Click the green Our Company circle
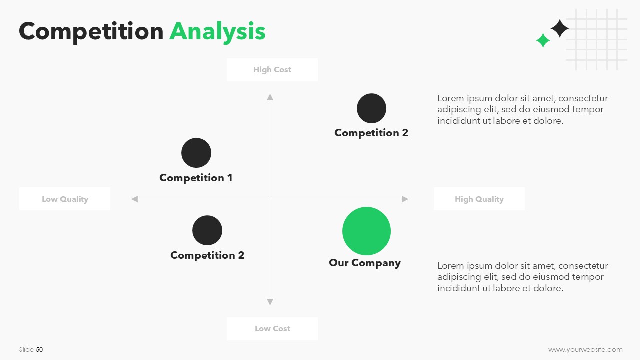[366, 231]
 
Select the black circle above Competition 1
[196, 153]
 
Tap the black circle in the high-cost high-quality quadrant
[371, 108]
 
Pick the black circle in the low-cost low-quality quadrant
[207, 230]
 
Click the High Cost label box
[272, 70]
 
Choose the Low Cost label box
[272, 329]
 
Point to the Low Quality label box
[65, 199]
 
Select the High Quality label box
[479, 199]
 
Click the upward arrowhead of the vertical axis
[270, 97]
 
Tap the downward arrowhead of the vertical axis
[270, 302]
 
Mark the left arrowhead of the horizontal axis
[134, 199]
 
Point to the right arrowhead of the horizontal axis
[405, 199]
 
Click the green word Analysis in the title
[217, 32]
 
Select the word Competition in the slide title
[91, 32]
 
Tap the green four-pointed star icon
[543, 40]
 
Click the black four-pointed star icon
[560, 28]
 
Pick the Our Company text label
[365, 263]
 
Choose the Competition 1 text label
[196, 178]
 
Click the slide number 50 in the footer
[39, 349]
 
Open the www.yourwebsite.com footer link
[585, 349]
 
